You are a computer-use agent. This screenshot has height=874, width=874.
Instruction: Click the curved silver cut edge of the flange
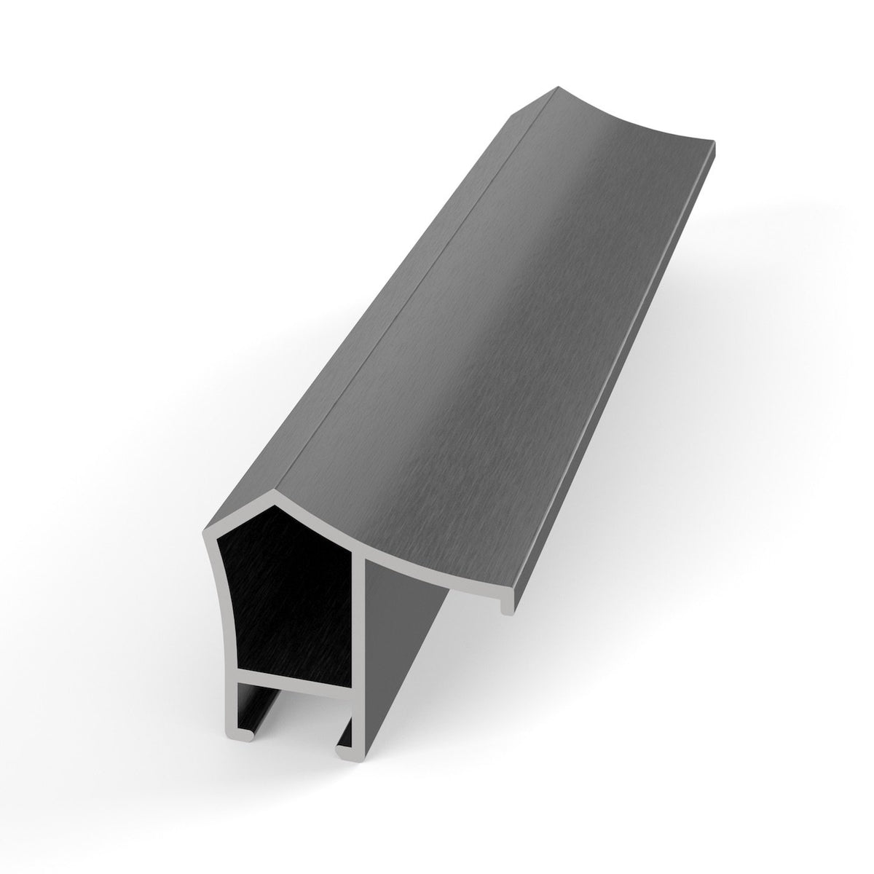pyautogui.click(x=422, y=561)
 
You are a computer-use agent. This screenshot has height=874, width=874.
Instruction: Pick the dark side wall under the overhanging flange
pyautogui.click(x=401, y=655)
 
